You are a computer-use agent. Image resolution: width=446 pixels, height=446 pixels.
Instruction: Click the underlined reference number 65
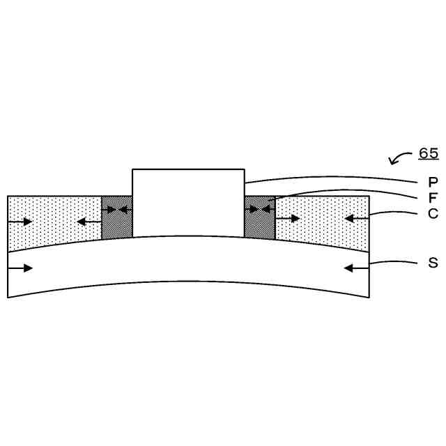(429, 153)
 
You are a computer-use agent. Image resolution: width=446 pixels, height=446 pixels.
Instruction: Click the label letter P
(433, 182)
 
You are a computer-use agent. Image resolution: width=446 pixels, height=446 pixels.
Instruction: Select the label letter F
(433, 198)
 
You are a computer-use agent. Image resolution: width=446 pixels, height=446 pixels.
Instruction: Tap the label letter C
(433, 213)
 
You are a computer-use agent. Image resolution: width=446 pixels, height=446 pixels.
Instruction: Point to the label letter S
(433, 263)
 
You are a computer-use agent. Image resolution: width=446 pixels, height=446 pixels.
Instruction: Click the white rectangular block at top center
(188, 203)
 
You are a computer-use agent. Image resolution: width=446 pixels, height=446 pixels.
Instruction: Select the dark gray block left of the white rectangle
(117, 217)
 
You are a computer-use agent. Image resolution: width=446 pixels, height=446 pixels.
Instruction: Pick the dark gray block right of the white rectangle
(260, 217)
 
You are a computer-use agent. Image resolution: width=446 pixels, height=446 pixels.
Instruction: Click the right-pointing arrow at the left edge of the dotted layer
(20, 222)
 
